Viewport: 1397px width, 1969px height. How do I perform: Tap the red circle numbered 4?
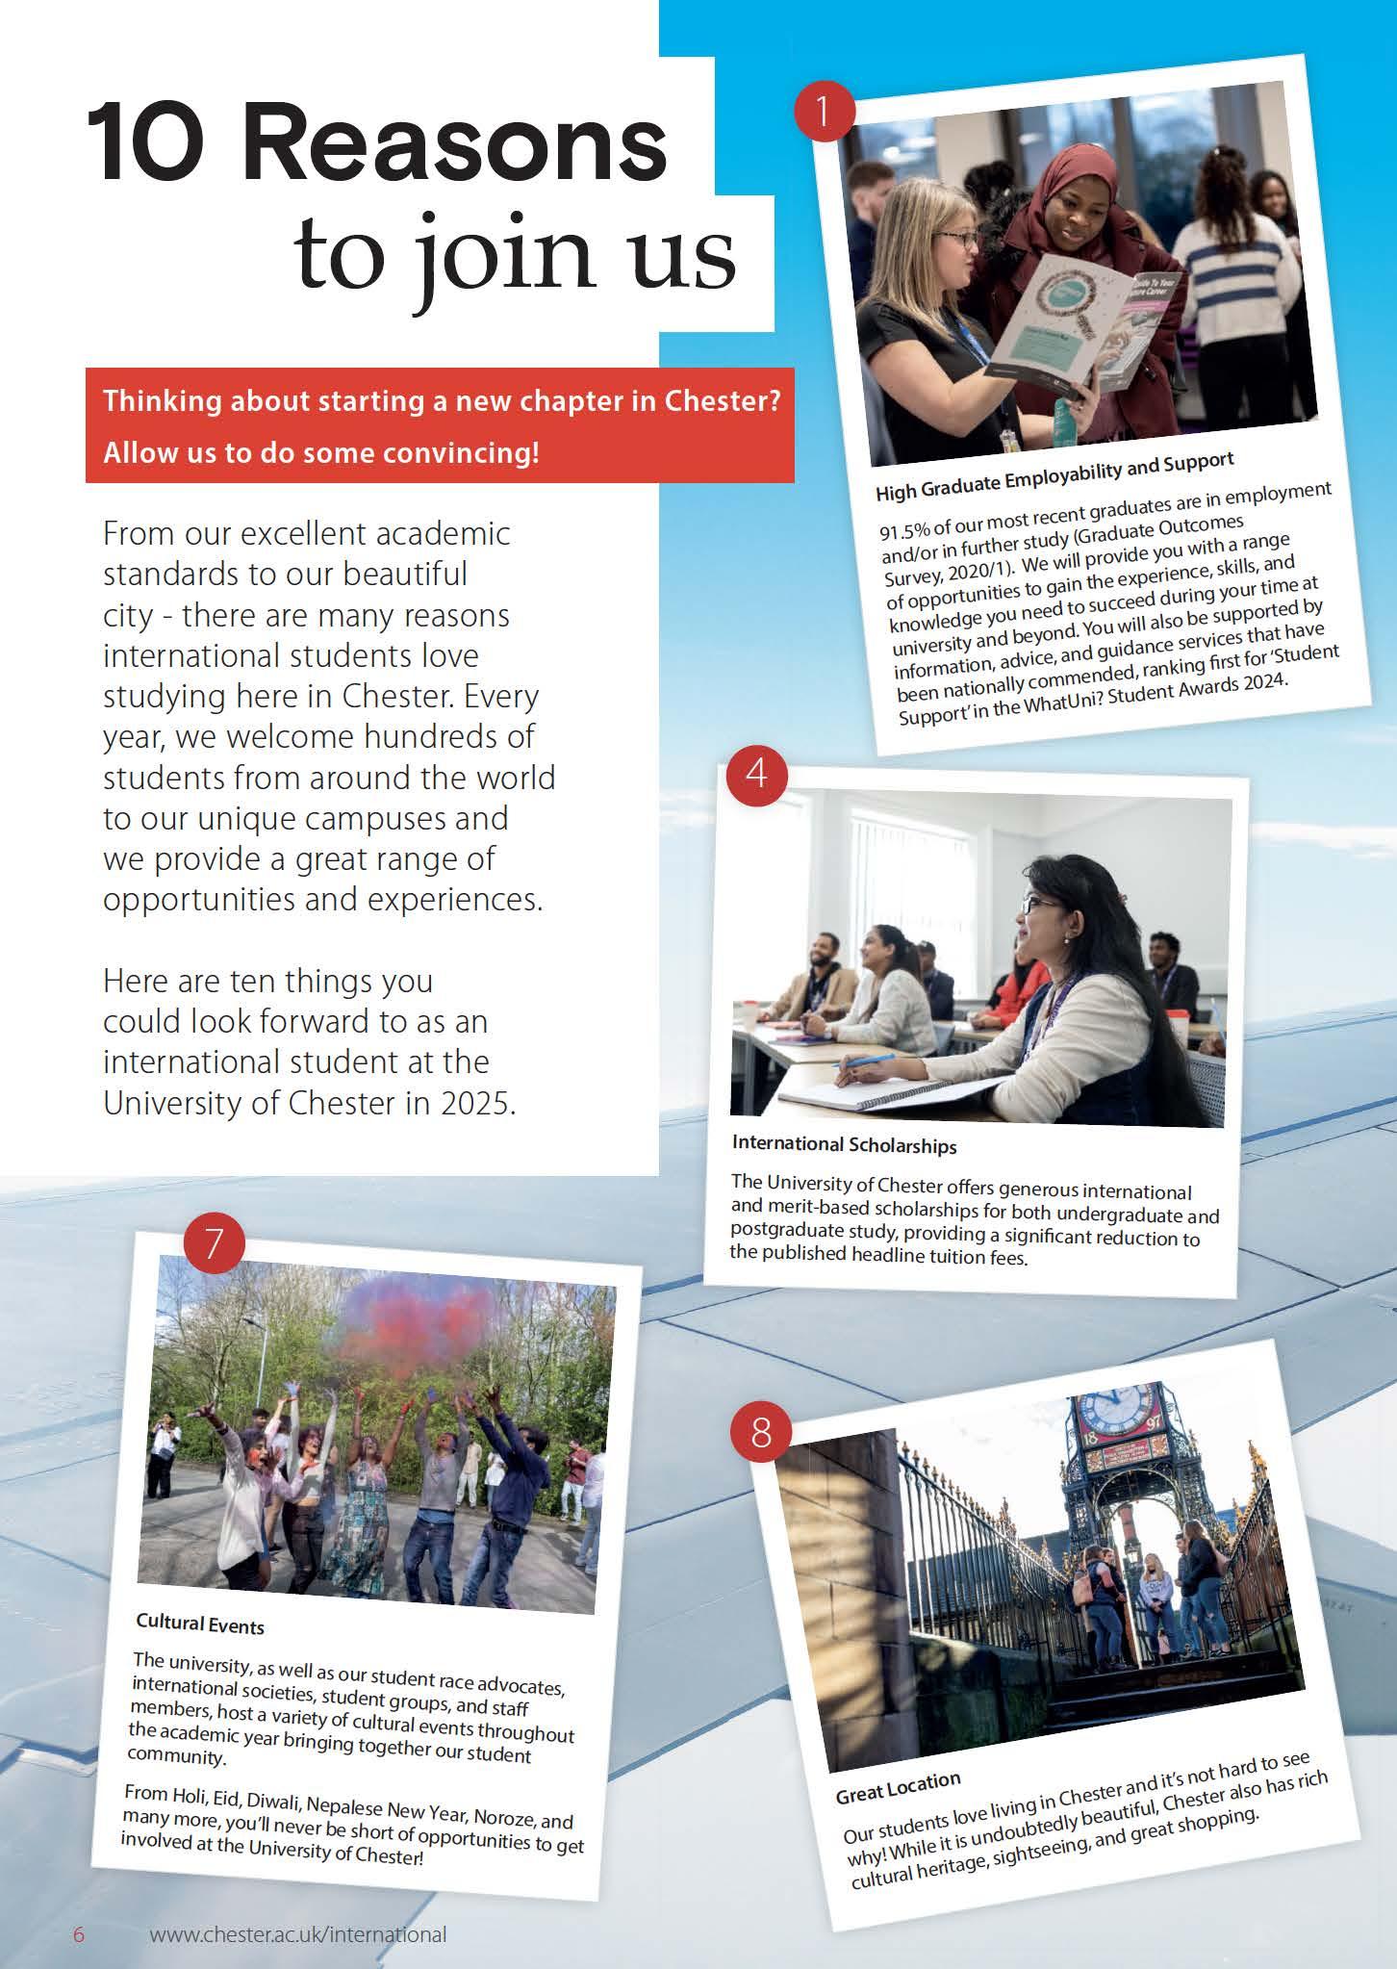pos(757,772)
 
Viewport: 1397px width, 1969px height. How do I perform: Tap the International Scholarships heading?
pos(844,1145)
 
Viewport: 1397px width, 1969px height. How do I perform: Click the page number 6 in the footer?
pos(80,1934)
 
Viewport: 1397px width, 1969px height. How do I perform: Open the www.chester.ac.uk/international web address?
pos(298,1934)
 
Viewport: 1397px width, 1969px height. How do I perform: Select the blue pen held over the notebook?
pos(870,1060)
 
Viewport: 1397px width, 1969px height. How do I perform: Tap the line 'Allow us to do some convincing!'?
pos(321,452)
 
